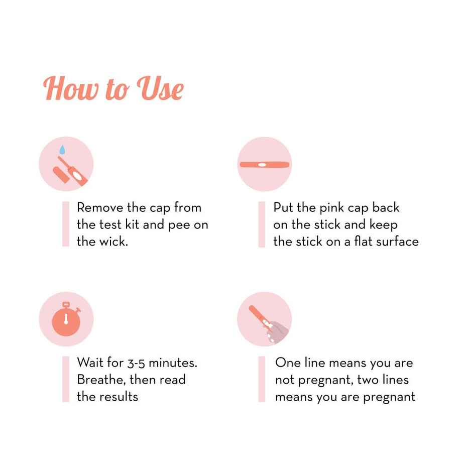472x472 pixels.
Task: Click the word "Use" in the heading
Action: pyautogui.click(x=160, y=88)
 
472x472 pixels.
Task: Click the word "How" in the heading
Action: pyautogui.click(x=71, y=88)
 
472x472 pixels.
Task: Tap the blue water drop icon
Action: pyautogui.click(x=62, y=150)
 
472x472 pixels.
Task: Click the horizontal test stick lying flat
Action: pyautogui.click(x=265, y=165)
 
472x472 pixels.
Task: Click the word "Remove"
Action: pyautogui.click(x=100, y=208)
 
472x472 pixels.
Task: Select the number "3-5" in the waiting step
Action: pyautogui.click(x=136, y=363)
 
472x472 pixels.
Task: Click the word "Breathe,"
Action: pyautogui.click(x=101, y=380)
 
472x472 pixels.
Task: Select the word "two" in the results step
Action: pyautogui.click(x=368, y=380)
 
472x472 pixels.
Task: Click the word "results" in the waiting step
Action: pyautogui.click(x=119, y=397)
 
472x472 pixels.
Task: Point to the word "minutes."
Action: pyautogui.click(x=173, y=363)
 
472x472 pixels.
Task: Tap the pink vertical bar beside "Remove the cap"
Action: pyautogui.click(x=66, y=224)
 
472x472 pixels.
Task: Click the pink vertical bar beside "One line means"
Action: pyautogui.click(x=262, y=379)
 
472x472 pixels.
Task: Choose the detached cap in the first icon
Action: pyautogui.click(x=61, y=175)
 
